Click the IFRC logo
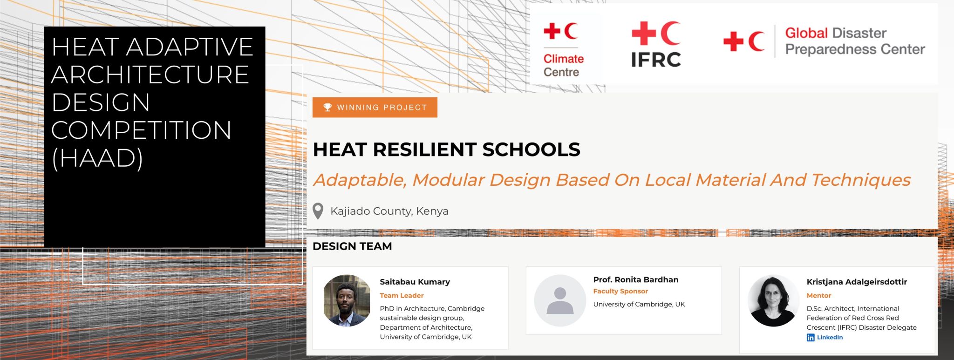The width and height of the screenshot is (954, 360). [x=656, y=44]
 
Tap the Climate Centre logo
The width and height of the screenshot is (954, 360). [x=563, y=50]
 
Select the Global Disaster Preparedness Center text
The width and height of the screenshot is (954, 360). [x=855, y=41]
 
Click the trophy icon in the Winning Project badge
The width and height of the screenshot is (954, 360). [x=327, y=107]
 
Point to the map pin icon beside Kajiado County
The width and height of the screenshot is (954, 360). [x=318, y=211]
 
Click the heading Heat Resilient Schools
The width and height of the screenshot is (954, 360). [x=446, y=149]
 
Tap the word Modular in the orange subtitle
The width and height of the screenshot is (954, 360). [x=448, y=180]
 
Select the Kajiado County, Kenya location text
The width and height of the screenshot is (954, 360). [x=389, y=211]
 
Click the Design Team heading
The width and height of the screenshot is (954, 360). [x=352, y=246]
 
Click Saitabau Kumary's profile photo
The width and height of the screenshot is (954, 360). [x=347, y=300]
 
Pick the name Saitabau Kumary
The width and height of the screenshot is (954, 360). [x=415, y=282]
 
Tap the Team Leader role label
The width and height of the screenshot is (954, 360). [x=402, y=295]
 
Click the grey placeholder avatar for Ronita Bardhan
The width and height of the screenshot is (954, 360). [x=560, y=300]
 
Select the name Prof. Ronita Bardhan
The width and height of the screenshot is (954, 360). [x=635, y=279]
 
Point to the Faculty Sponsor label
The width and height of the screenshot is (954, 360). [x=620, y=291]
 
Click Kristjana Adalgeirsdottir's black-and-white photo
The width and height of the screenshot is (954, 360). [x=773, y=301]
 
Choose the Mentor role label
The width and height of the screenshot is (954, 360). [x=818, y=295]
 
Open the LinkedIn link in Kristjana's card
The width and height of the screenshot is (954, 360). [x=825, y=337]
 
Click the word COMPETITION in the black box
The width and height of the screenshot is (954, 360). [x=141, y=130]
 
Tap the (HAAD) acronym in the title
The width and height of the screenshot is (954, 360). [x=97, y=158]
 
